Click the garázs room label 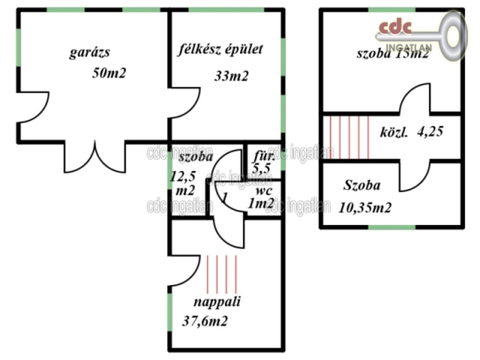(90, 52)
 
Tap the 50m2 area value (110, 73)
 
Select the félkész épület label (220, 50)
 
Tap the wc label (264, 192)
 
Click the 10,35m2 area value (365, 207)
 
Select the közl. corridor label (394, 132)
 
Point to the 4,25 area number (430, 132)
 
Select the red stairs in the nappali (222, 274)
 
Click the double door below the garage (95, 157)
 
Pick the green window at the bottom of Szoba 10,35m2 (392, 227)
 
